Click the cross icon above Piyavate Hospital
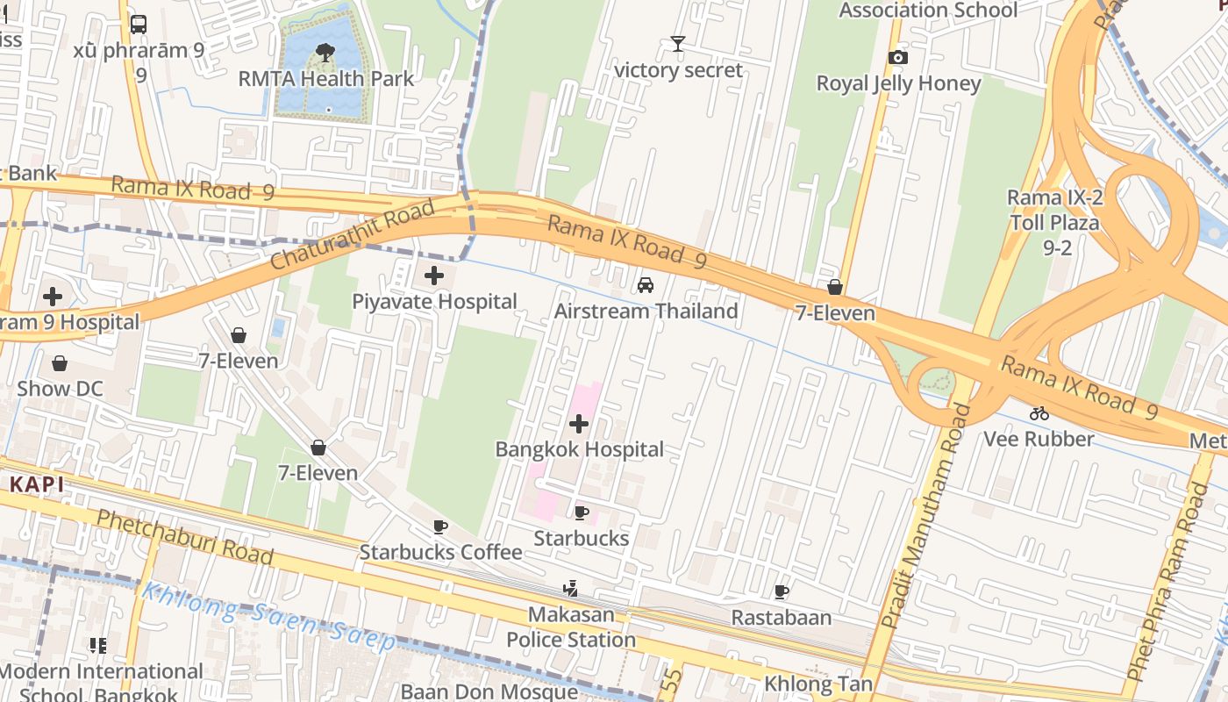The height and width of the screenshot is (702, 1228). pyautogui.click(x=433, y=276)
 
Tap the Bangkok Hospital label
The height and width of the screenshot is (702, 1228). pyautogui.click(x=579, y=449)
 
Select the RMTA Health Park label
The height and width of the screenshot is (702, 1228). pyautogui.click(x=326, y=78)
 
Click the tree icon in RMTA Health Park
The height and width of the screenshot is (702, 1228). pyautogui.click(x=325, y=52)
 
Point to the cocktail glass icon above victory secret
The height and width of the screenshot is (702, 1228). pyautogui.click(x=677, y=44)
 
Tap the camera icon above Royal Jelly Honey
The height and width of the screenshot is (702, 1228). pyautogui.click(x=897, y=58)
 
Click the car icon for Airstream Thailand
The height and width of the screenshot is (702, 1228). pyautogui.click(x=645, y=285)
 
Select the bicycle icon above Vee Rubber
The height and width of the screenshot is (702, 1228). pyautogui.click(x=1039, y=413)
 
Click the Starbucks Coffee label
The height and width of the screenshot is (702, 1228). pyautogui.click(x=440, y=552)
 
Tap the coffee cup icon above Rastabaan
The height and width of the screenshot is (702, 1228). pyautogui.click(x=781, y=592)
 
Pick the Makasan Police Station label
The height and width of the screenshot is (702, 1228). pyautogui.click(x=570, y=627)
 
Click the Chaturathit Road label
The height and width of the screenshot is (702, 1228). pyautogui.click(x=353, y=235)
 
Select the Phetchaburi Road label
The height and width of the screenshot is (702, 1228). pyautogui.click(x=184, y=536)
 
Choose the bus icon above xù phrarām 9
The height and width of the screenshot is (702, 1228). pyautogui.click(x=138, y=25)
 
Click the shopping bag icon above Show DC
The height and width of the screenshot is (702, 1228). pyautogui.click(x=60, y=363)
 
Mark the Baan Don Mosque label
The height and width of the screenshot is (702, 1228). pyautogui.click(x=489, y=691)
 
